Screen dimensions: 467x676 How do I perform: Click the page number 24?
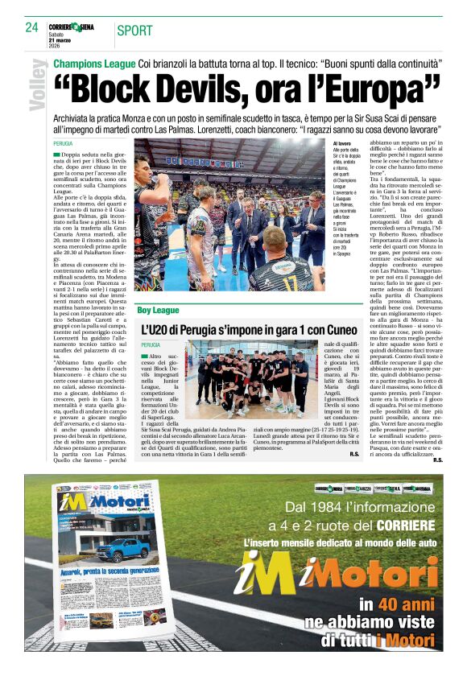coord(32,27)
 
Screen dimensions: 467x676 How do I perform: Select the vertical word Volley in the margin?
coord(36,84)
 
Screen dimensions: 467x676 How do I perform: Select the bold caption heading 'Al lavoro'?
coord(342,142)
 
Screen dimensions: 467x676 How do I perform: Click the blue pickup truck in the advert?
coord(126,550)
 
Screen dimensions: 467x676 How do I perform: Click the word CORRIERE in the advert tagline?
coord(407,525)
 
